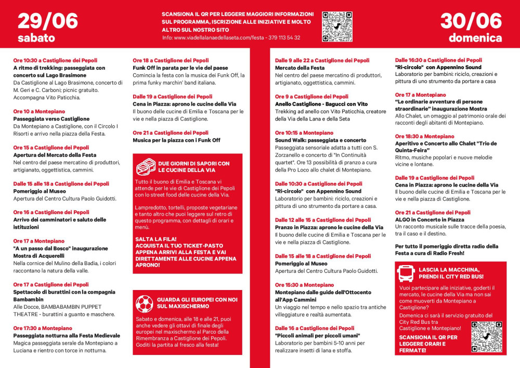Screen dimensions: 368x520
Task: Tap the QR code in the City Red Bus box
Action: [486, 337]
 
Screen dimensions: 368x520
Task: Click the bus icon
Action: [406, 273]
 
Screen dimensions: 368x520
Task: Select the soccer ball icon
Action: [144, 303]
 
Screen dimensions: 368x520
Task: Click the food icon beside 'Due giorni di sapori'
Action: [145, 166]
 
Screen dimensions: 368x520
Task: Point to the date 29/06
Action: [47, 21]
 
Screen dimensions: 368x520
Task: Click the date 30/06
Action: [471, 21]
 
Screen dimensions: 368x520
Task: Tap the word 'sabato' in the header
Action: [36, 38]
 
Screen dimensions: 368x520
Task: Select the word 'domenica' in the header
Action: [475, 38]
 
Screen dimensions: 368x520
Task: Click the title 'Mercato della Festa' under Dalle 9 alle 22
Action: [300, 68]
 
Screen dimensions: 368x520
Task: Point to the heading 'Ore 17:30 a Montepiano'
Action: [43, 328]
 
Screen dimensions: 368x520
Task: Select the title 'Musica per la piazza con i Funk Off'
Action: [176, 140]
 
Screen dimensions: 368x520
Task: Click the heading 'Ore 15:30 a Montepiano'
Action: [304, 285]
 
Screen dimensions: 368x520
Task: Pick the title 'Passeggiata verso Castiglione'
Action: [51, 119]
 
